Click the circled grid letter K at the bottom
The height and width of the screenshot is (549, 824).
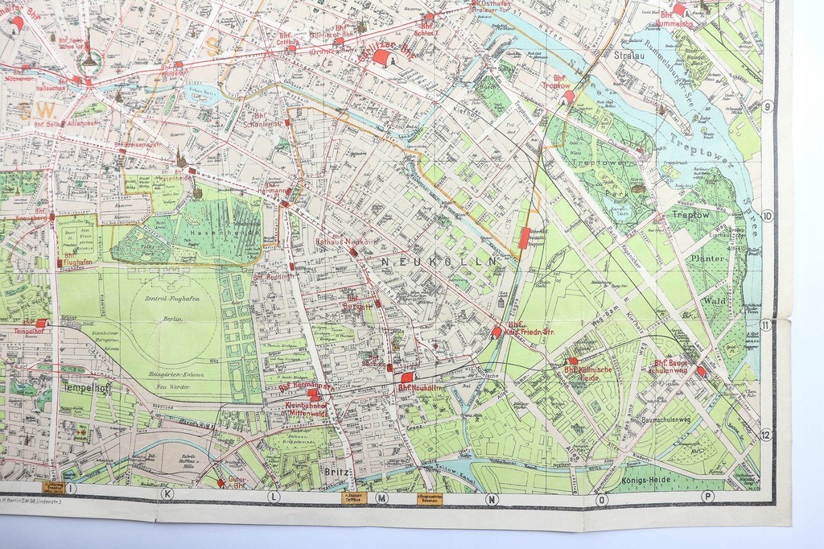tap(167, 493)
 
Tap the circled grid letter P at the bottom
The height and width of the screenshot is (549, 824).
tap(707, 496)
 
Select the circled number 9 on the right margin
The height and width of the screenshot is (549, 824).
tap(767, 107)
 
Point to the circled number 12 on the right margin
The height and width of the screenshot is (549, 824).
tap(765, 435)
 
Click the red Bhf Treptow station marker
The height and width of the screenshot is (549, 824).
tap(568, 97)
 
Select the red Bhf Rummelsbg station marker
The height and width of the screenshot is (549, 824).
tap(678, 10)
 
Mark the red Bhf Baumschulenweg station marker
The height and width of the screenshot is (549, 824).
tap(701, 371)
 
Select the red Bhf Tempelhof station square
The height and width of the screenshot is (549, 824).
tap(41, 323)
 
